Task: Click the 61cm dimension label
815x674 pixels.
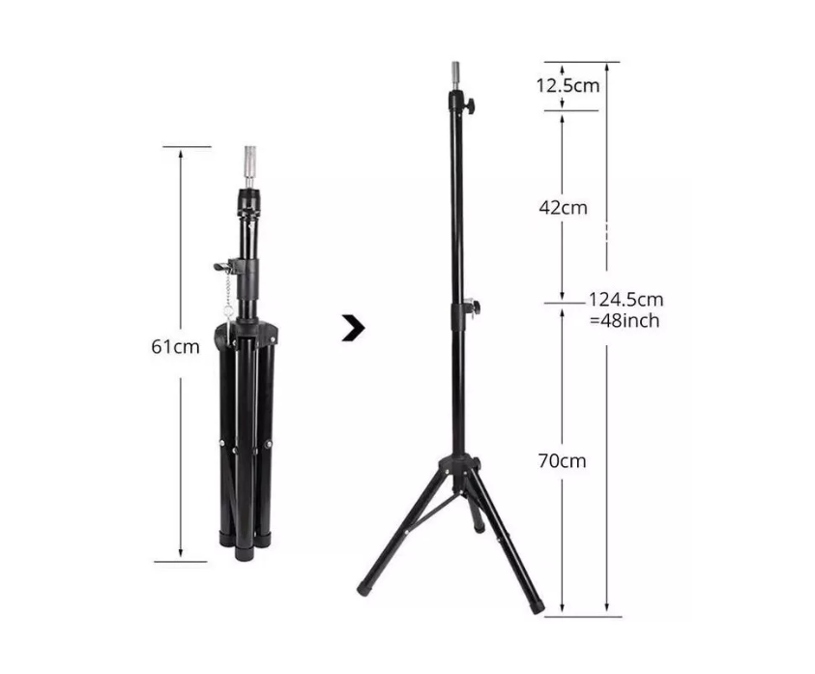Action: pos(174,346)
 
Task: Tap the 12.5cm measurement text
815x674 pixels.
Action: pos(568,85)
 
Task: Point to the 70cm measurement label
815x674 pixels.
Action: pos(562,461)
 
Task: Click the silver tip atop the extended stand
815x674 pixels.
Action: pos(451,75)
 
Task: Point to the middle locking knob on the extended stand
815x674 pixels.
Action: pos(472,308)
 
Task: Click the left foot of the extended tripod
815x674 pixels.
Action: pos(365,587)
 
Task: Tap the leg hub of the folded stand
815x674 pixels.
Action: pos(250,334)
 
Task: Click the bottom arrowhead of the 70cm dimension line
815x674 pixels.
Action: pos(562,611)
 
